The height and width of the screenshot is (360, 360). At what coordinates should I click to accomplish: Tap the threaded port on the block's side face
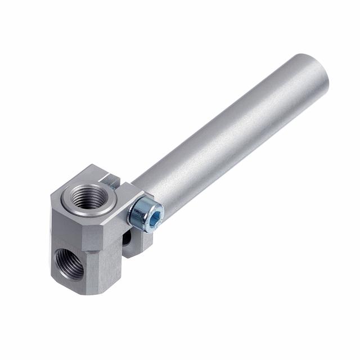[x=68, y=263]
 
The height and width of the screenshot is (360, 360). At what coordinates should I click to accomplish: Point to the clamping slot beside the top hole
[x=111, y=181]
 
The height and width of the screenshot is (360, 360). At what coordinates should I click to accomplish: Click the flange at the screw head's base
[x=133, y=213]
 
